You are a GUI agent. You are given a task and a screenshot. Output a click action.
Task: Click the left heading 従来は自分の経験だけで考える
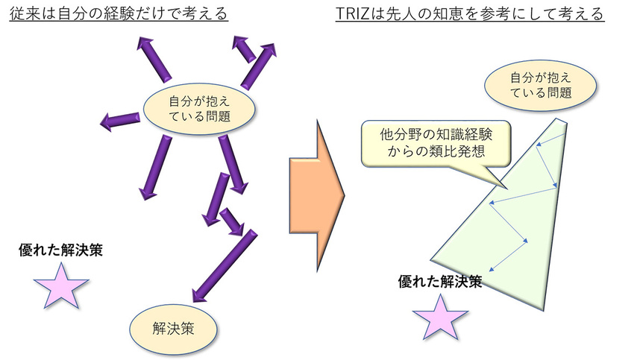click(119, 14)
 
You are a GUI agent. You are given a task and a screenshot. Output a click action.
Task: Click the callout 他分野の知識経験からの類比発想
click(436, 141)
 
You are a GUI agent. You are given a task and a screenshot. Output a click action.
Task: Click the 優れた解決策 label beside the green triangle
click(440, 282)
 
